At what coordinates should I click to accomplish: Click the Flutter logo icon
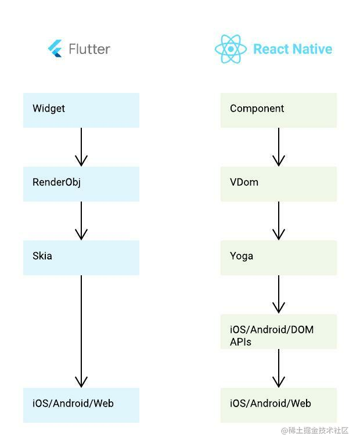(x=55, y=49)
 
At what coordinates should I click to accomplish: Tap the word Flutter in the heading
(x=89, y=49)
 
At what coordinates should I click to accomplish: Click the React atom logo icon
(x=231, y=49)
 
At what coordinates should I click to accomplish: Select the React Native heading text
(x=293, y=49)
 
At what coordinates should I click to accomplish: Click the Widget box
(x=81, y=110)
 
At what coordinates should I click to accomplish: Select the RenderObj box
(x=81, y=184)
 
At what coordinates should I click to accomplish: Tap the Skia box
(x=81, y=257)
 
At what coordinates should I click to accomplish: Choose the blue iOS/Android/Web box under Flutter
(x=81, y=405)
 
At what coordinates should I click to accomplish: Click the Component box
(x=279, y=110)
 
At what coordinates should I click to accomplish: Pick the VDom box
(x=279, y=184)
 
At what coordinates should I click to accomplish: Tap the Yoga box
(x=279, y=257)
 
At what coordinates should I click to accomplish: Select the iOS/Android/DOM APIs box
(x=279, y=332)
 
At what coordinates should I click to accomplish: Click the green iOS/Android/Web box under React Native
(x=279, y=405)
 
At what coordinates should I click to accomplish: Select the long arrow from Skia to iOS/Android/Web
(x=81, y=331)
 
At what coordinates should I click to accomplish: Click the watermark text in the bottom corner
(x=315, y=430)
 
